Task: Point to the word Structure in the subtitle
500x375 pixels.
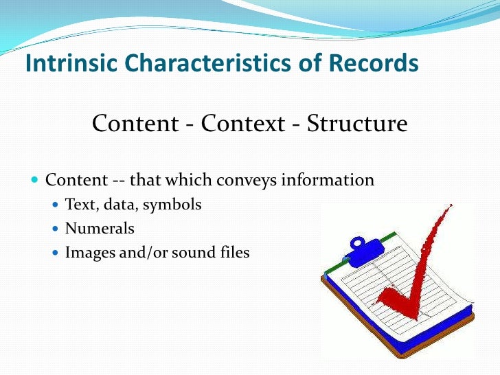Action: (x=357, y=124)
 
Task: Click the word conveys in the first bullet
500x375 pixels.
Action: (x=240, y=181)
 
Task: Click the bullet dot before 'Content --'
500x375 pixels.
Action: (x=35, y=181)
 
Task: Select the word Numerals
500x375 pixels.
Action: (x=100, y=228)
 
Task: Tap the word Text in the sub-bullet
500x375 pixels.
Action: (x=78, y=204)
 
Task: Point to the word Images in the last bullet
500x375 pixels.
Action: (x=87, y=253)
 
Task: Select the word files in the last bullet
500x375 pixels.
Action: (x=234, y=252)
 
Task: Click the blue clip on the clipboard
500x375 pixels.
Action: (x=361, y=248)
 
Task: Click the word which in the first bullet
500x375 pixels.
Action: (x=187, y=181)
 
